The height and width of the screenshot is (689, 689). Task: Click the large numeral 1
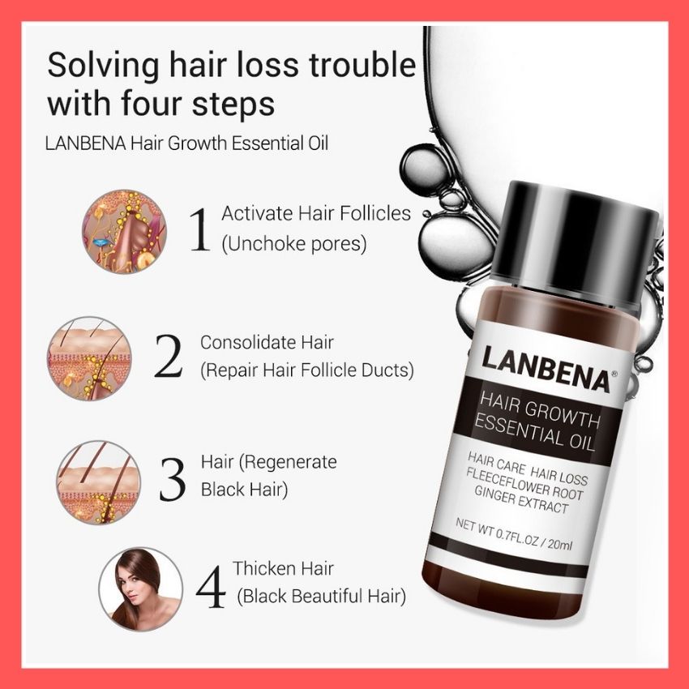pyautogui.click(x=200, y=229)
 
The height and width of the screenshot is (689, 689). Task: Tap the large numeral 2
pyautogui.click(x=169, y=357)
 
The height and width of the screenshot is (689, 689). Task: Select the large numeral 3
pyautogui.click(x=172, y=480)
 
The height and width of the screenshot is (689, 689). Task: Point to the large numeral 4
pyautogui.click(x=211, y=587)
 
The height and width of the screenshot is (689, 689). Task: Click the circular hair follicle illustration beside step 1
pyautogui.click(x=125, y=232)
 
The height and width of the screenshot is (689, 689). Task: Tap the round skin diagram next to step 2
pyautogui.click(x=90, y=358)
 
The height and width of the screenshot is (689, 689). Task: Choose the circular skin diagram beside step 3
pyautogui.click(x=99, y=482)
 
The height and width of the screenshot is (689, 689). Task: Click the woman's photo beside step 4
pyautogui.click(x=140, y=589)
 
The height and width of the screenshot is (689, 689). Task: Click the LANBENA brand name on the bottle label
pyautogui.click(x=546, y=368)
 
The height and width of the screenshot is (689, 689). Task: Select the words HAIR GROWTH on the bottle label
pyautogui.click(x=539, y=410)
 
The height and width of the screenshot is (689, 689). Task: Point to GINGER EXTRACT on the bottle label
pyautogui.click(x=521, y=500)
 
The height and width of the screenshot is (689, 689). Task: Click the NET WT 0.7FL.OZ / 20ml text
pyautogui.click(x=514, y=534)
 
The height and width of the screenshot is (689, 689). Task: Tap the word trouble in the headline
pyautogui.click(x=362, y=65)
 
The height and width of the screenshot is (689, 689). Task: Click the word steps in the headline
pyautogui.click(x=233, y=105)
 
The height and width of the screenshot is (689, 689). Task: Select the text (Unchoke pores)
pyautogui.click(x=294, y=244)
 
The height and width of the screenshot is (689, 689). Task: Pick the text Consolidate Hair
pyautogui.click(x=267, y=342)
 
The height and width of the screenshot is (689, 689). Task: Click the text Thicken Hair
pyautogui.click(x=283, y=568)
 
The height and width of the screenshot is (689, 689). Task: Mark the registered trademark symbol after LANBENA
pyautogui.click(x=614, y=374)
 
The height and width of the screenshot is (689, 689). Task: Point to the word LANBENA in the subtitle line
pyautogui.click(x=86, y=143)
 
